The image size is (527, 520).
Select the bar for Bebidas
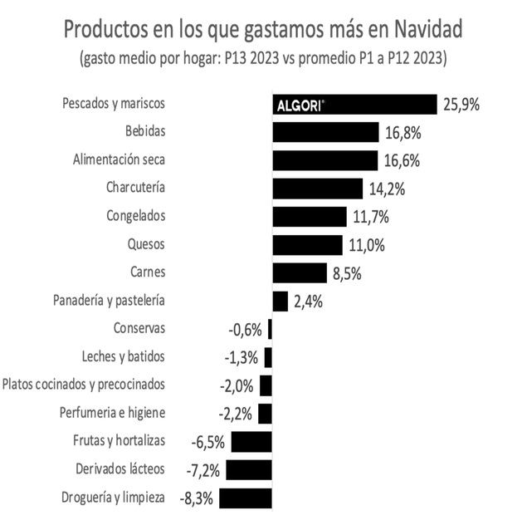[x=325, y=132]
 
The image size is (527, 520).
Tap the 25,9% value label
[x=461, y=105]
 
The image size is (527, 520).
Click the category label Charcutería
[x=136, y=187]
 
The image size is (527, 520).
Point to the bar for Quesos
[x=307, y=245]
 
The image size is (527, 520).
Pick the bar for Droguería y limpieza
[x=246, y=498]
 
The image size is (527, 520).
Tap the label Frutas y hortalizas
[x=114, y=440]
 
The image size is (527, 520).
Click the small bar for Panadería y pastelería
[x=280, y=301]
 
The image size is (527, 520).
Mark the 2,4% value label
[x=308, y=301]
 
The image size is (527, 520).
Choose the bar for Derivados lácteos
[x=248, y=469]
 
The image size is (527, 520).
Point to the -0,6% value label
[x=245, y=330]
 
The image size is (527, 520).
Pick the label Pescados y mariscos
[x=115, y=104]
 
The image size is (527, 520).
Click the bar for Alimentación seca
[x=324, y=159]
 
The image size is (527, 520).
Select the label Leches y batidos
[x=124, y=356]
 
